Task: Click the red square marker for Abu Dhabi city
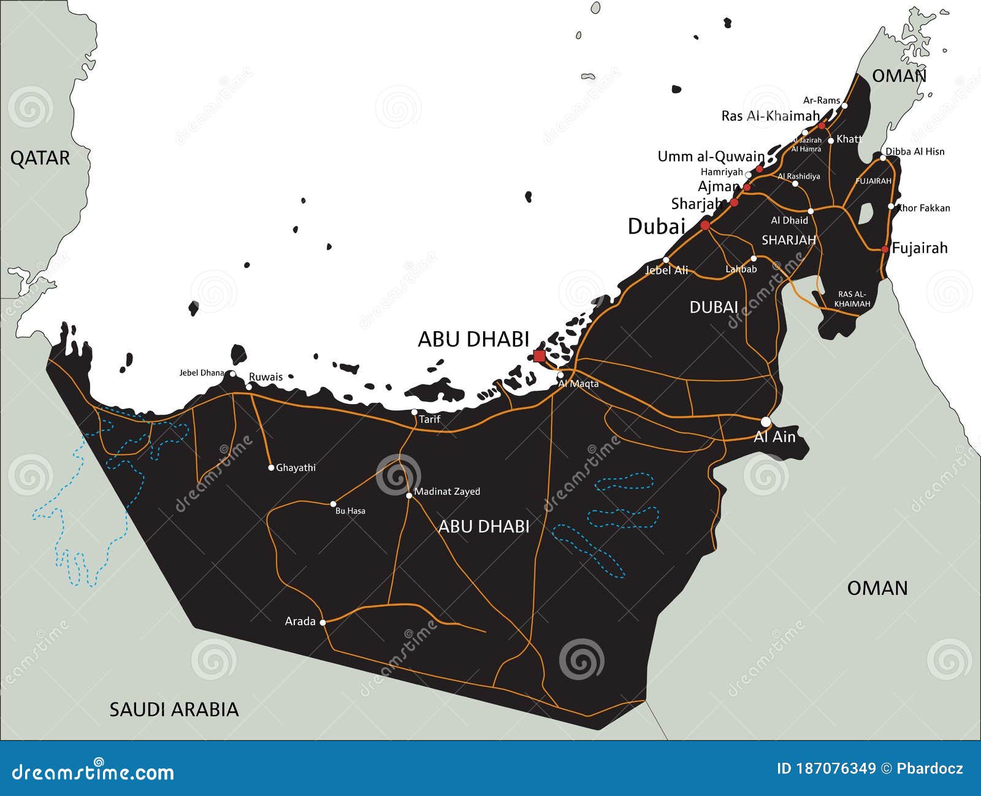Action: point(539,356)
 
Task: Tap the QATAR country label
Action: point(40,158)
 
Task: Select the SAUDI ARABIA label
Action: point(174,710)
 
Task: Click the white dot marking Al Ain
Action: point(766,422)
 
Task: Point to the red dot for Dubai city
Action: point(705,226)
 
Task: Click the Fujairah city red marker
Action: point(885,249)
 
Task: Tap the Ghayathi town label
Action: point(296,468)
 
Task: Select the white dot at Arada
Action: point(323,622)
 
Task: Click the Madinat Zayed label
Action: point(447,491)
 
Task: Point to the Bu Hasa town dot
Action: point(334,504)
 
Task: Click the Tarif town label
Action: point(429,420)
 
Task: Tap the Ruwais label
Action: point(265,377)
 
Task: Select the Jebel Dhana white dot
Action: point(232,373)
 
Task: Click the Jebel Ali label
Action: point(666,270)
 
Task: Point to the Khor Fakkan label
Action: point(923,208)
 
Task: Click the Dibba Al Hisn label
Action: point(915,151)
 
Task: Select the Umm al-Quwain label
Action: point(711,156)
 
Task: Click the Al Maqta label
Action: point(578,384)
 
